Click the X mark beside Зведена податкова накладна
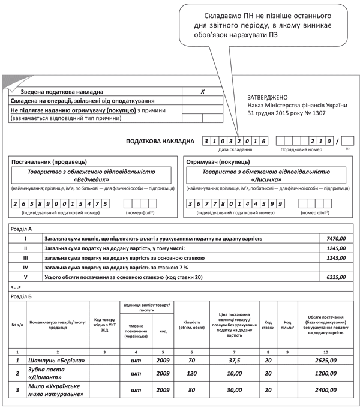coord(203,92)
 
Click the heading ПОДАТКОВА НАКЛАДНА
coord(160,141)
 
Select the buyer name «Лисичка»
coord(266,179)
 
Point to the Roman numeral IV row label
coord(26,268)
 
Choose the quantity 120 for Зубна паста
coord(191,373)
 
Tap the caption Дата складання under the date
coord(235,149)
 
